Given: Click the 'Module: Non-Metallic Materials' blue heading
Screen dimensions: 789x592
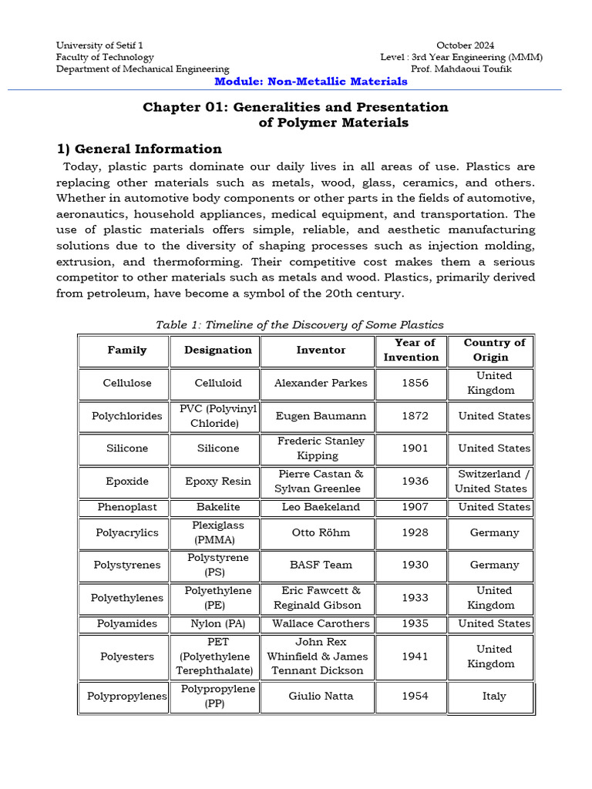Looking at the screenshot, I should [x=311, y=82].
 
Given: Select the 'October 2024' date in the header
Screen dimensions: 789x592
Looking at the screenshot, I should [x=466, y=45].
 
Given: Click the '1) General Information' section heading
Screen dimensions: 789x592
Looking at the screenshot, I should [x=139, y=149].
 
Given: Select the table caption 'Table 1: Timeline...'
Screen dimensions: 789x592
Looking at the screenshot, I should [x=299, y=324].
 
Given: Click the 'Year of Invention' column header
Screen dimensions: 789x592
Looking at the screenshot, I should [x=415, y=350].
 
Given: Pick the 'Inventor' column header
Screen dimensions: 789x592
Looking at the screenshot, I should [x=321, y=350].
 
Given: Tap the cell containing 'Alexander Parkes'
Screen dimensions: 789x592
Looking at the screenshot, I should [x=321, y=383].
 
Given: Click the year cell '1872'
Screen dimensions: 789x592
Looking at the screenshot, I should [x=415, y=416].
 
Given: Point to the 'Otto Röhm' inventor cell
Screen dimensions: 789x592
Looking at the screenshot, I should [x=321, y=532].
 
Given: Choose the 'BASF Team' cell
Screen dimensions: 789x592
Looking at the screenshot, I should [x=321, y=565].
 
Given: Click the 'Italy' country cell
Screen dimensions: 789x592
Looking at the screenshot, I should [x=494, y=697].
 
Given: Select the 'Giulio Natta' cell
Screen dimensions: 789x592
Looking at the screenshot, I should [x=321, y=697].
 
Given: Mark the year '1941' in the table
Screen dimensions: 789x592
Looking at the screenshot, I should [x=415, y=656].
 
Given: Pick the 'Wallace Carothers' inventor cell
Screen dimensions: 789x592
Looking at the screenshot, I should [x=321, y=623].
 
